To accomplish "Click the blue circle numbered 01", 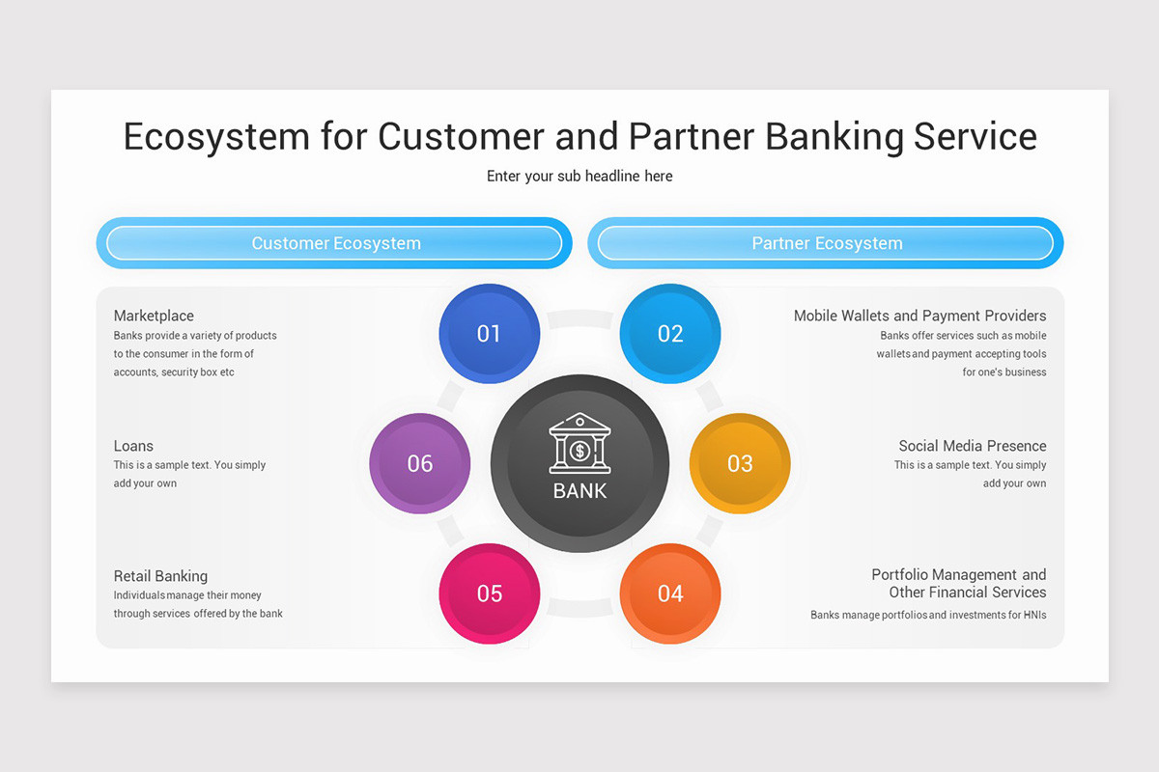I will (x=489, y=334).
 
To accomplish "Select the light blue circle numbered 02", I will (x=669, y=334).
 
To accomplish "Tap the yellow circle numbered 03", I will (x=739, y=463).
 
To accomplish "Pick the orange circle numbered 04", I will (x=669, y=593).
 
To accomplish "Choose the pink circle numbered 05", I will (x=489, y=593).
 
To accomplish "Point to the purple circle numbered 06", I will (x=420, y=463).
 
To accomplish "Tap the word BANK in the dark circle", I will (x=579, y=491).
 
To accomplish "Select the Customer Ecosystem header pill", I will (x=335, y=243).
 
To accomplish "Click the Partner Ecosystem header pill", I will (x=826, y=243).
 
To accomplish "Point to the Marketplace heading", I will (x=154, y=316).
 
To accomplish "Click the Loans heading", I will (x=133, y=446).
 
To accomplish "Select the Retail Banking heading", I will (x=160, y=576).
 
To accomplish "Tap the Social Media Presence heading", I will (x=972, y=446).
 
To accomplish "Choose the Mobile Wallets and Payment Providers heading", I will (x=919, y=316).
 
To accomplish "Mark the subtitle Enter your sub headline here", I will (x=579, y=176).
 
